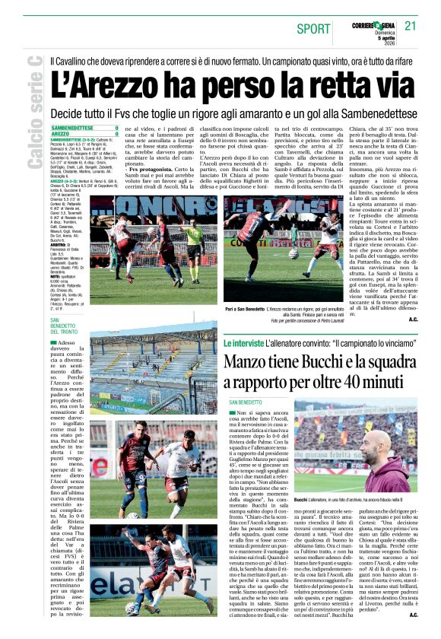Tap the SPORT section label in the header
click(313, 29)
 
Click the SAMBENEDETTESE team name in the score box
click(72, 128)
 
